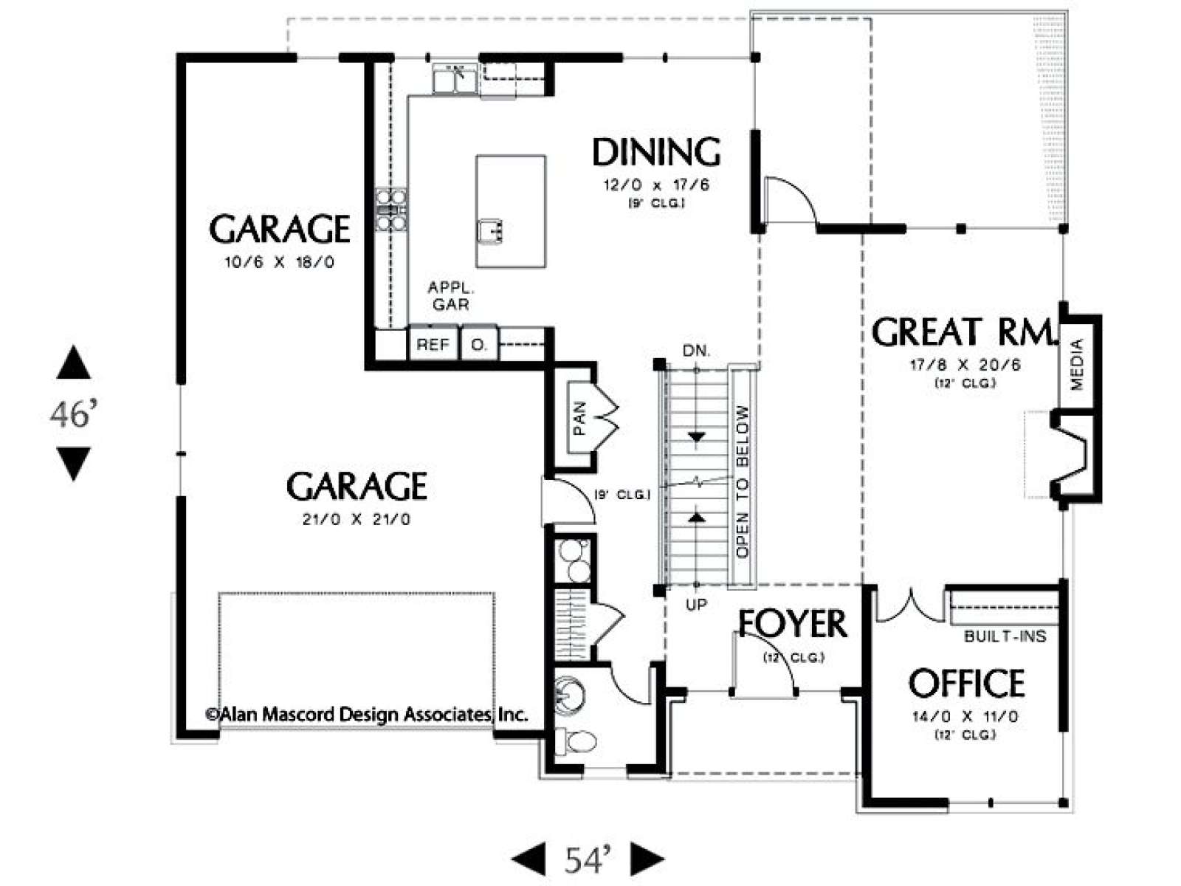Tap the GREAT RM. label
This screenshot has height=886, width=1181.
(961, 332)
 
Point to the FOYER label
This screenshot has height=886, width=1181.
(793, 623)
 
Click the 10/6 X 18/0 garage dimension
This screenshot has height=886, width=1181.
(279, 263)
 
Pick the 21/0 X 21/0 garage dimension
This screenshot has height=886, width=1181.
(357, 519)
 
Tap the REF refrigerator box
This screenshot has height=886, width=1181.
(433, 344)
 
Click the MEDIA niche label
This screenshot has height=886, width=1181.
(1077, 364)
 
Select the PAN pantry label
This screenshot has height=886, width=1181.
(579, 418)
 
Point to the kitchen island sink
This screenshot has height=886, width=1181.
(490, 231)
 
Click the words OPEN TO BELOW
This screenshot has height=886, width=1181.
(743, 482)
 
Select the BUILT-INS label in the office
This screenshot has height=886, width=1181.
(1005, 637)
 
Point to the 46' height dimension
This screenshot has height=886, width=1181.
(74, 415)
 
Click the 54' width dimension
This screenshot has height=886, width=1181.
(588, 860)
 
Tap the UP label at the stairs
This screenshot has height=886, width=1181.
(696, 605)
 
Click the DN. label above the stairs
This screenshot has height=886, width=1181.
(696, 351)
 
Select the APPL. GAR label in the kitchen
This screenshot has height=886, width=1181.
(451, 296)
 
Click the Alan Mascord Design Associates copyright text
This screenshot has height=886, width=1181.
(366, 715)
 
